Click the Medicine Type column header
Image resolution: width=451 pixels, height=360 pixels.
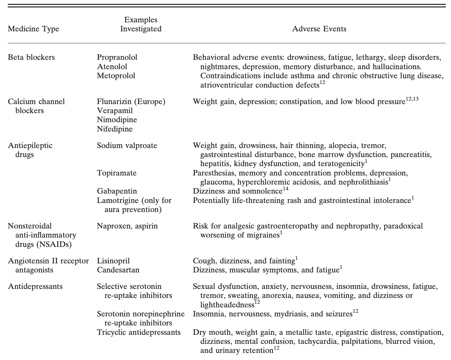(33, 29)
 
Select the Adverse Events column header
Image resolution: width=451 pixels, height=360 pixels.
(319, 29)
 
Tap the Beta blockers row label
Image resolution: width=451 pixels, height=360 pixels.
(31, 58)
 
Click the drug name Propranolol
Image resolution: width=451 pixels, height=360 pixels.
(117, 58)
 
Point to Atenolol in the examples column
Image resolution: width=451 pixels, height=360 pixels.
(112, 67)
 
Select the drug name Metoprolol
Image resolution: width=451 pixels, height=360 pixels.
(116, 76)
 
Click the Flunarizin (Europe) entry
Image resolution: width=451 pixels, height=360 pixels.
(131, 102)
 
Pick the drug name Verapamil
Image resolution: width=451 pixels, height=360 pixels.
(115, 111)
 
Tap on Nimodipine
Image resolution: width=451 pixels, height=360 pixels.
(117, 120)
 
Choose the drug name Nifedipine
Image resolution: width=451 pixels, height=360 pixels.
(115, 129)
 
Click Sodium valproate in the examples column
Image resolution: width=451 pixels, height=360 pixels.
(127, 146)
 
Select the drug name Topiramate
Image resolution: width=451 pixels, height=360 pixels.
(117, 173)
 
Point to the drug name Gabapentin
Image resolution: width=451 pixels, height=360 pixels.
(117, 191)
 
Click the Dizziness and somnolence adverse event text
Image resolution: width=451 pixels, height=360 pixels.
(237, 191)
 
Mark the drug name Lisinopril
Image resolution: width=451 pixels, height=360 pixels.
(113, 261)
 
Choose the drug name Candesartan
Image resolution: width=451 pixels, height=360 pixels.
(118, 270)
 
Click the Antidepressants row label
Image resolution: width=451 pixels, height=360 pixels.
(35, 287)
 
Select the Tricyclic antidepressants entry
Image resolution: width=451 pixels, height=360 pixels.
(139, 332)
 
